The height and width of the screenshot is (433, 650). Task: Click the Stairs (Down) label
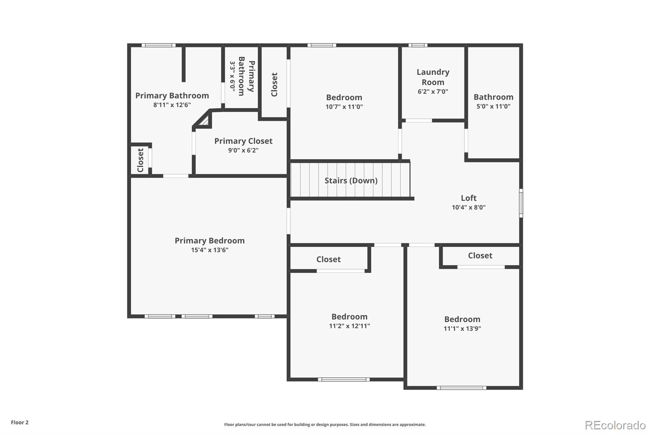coord(351,180)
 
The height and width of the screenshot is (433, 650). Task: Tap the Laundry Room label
coord(433,77)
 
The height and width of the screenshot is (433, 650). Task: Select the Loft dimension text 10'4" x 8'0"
coord(468,207)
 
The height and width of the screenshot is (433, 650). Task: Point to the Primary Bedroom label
coord(210,240)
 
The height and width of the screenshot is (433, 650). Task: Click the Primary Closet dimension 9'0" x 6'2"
coord(243,150)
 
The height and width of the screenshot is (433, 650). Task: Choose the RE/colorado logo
coord(615,425)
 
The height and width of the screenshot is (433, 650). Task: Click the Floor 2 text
coord(19,422)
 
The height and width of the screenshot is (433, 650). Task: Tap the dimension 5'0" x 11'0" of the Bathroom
coord(493,106)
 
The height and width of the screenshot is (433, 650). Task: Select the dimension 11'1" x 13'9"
coord(462,329)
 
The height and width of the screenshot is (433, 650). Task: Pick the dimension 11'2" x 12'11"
coord(349,326)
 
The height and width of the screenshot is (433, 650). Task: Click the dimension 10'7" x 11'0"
coord(344,107)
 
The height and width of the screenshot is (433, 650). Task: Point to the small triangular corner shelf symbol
coord(204,121)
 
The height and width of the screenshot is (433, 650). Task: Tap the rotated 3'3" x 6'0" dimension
coord(232,76)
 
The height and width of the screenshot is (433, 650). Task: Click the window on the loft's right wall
coord(521,203)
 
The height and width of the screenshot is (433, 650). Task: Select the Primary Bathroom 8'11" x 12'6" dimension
coord(172,105)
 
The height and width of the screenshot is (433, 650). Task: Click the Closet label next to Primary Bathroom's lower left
coord(141,160)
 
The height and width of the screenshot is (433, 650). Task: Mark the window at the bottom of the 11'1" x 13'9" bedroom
coord(461,388)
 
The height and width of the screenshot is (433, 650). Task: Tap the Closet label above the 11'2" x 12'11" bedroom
coord(328,259)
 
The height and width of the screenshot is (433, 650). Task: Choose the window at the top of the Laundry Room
coord(418,45)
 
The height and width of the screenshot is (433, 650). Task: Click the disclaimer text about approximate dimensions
coord(325,424)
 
